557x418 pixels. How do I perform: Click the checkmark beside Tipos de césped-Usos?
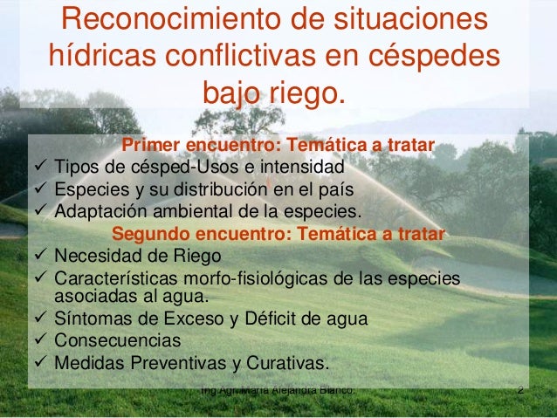tap(40, 166)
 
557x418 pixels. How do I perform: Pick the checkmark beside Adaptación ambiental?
tap(40, 211)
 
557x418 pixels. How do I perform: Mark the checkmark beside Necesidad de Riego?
tap(40, 257)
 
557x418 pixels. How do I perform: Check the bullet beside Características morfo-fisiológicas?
tap(40, 278)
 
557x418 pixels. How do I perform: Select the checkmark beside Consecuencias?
tap(40, 340)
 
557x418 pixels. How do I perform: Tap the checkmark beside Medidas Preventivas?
tap(40, 363)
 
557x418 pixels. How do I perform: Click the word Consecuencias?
tap(118, 340)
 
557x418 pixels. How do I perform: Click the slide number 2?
tap(520, 390)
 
